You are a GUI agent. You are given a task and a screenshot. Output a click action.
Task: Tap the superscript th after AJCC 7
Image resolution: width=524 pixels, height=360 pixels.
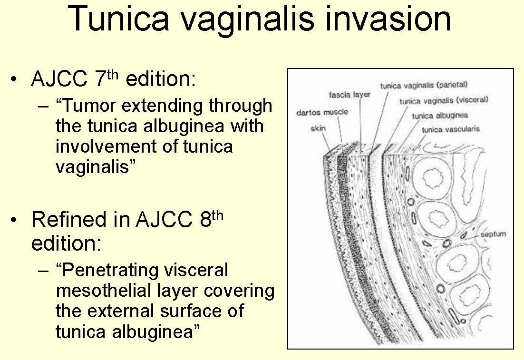(x=113, y=74)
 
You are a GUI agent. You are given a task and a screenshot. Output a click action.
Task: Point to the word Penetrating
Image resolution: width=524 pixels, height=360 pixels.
(x=145, y=270)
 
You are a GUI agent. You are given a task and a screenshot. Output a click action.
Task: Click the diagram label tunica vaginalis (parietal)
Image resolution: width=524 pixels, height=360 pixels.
(x=424, y=86)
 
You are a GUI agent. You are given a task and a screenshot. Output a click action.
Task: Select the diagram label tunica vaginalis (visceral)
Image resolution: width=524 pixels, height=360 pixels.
(x=444, y=101)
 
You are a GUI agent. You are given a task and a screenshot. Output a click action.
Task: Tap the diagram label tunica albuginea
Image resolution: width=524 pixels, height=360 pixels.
(x=440, y=116)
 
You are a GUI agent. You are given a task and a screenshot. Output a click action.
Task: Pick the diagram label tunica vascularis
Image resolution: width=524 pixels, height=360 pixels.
(x=450, y=129)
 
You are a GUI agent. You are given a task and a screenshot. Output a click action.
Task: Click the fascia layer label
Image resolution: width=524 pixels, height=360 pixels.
(x=349, y=95)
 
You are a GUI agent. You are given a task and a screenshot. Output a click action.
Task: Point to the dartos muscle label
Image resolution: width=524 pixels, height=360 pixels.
(x=322, y=112)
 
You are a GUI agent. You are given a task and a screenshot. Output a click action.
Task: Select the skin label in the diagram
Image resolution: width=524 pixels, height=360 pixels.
(x=318, y=128)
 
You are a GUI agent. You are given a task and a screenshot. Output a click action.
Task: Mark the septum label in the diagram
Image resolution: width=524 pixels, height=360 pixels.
(x=493, y=234)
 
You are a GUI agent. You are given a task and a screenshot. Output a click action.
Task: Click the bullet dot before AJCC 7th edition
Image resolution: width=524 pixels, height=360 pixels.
(x=13, y=79)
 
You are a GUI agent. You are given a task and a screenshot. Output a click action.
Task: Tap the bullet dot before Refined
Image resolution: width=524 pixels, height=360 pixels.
(x=13, y=220)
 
